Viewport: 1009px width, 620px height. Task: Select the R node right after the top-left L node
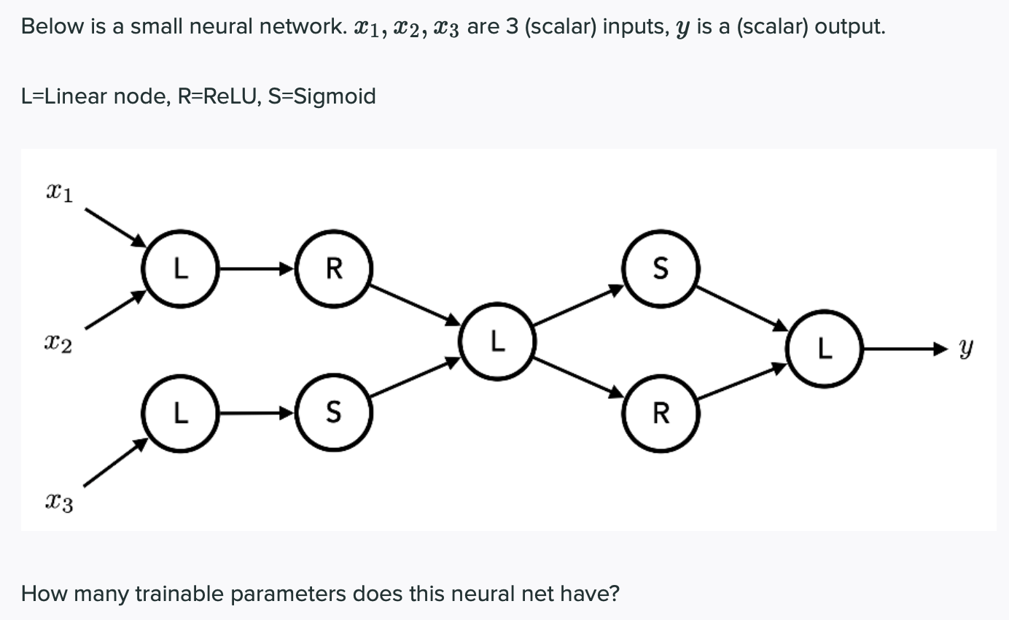[334, 269]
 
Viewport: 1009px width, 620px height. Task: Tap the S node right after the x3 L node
[334, 414]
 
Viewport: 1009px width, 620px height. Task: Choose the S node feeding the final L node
[661, 269]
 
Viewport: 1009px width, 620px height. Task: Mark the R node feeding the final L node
[661, 414]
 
